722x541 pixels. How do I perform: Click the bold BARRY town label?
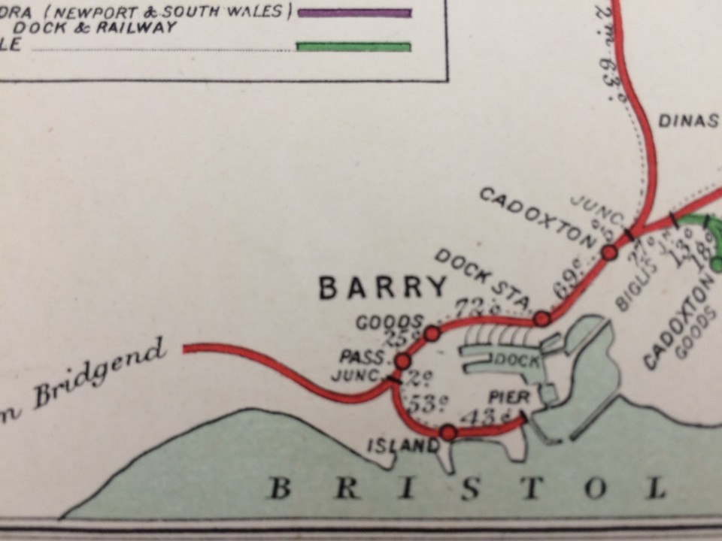tap(383, 288)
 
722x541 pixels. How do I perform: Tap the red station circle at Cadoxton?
tap(609, 252)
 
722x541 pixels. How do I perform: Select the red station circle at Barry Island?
tap(448, 433)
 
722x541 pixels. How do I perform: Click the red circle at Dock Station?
tap(541, 319)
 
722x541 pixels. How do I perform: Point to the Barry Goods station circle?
tap(432, 333)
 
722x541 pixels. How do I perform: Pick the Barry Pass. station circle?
tap(402, 361)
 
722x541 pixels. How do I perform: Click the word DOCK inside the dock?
tap(516, 360)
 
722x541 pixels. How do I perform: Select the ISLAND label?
tap(402, 446)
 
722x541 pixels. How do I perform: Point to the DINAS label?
tap(688, 121)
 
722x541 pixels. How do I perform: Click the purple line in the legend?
tap(354, 12)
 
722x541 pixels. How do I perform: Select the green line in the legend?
tap(354, 47)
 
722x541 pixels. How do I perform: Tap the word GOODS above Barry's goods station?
tap(389, 322)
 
